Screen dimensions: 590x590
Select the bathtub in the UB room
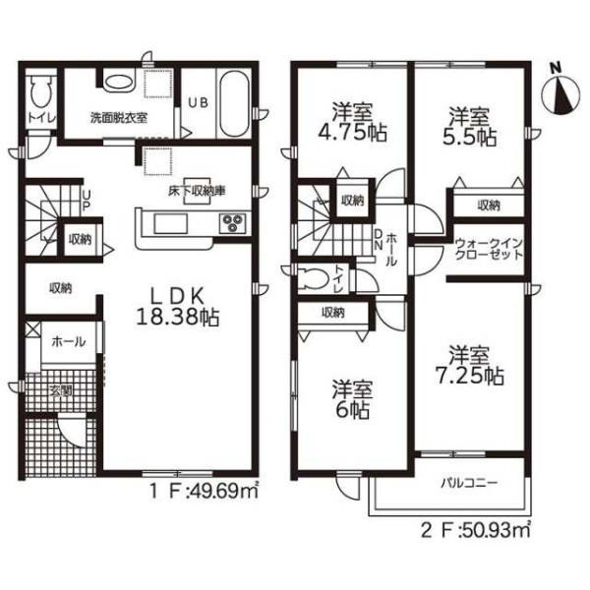point(234,104)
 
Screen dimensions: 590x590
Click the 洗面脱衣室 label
point(119,118)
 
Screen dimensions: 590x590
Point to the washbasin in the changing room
point(118,82)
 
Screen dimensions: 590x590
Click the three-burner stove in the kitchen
point(232,223)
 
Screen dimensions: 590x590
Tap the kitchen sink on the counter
point(170,224)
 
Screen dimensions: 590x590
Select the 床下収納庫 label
point(197,192)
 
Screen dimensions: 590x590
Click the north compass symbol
point(560,94)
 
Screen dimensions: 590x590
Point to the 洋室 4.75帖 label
point(352,122)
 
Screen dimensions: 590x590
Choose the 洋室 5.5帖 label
point(469,127)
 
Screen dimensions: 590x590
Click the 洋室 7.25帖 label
point(469,365)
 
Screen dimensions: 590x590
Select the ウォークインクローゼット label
point(489,249)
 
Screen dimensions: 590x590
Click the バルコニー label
point(469,483)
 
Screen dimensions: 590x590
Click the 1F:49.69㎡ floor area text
point(205,491)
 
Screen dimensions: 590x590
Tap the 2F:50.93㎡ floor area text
point(476,530)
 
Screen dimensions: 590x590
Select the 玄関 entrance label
point(61,391)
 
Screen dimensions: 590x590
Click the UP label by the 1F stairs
point(87,201)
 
